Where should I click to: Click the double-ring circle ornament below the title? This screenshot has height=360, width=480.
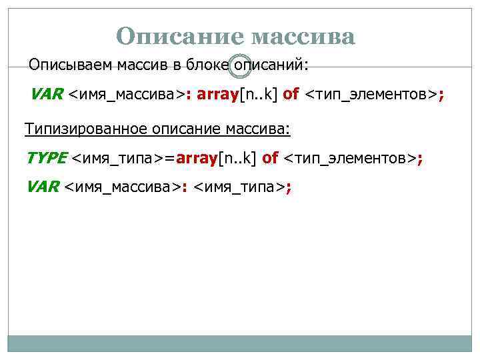coord(239,65)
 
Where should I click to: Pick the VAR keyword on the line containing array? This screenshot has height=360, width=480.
coord(47,94)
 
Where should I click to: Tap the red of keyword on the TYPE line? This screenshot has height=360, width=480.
coord(271,158)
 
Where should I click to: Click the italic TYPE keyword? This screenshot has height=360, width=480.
coord(47,158)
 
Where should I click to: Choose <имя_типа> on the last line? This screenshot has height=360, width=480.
coord(239,187)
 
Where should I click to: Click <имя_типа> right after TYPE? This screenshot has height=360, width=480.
coord(117,158)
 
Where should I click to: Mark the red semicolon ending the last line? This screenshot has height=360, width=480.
coord(289,187)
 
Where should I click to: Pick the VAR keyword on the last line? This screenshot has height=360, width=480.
coord(43,187)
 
